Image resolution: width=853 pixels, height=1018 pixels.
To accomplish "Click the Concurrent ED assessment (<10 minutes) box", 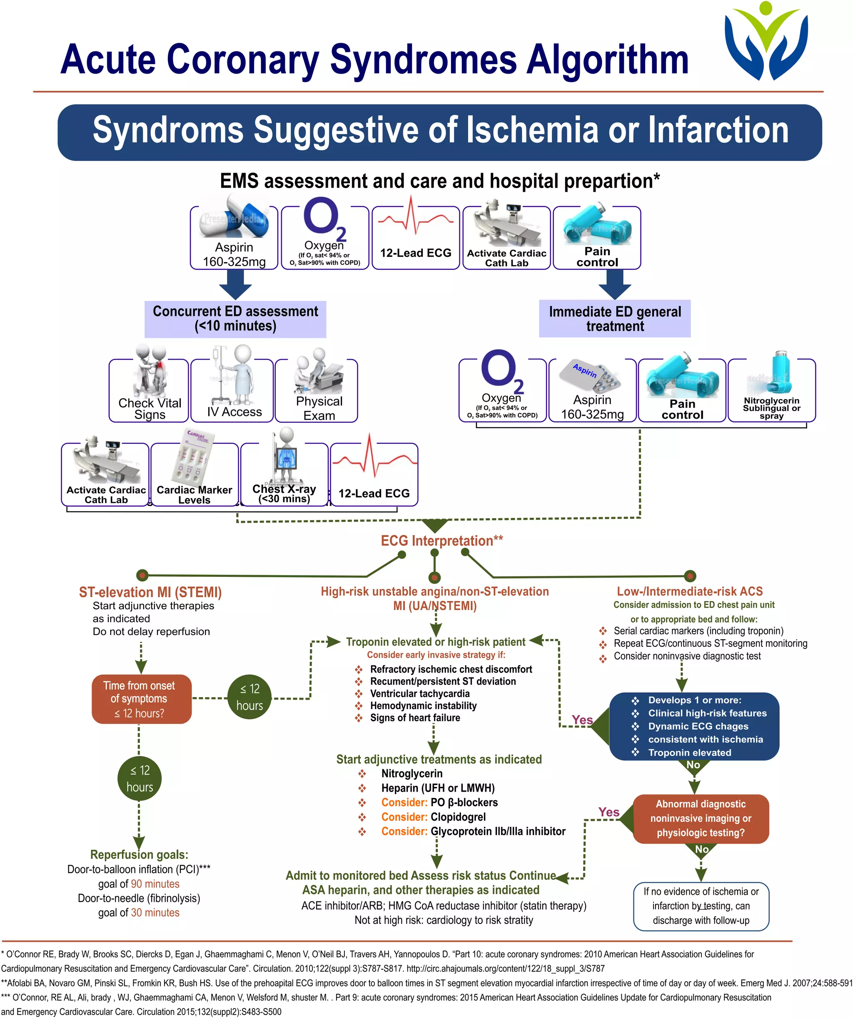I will pyautogui.click(x=235, y=318).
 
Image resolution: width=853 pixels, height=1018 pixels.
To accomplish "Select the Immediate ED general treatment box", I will pyautogui.click(x=614, y=318).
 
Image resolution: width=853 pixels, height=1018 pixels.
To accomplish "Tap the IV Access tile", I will pyautogui.click(x=232, y=390).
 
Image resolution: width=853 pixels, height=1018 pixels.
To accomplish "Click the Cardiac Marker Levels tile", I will pyautogui.click(x=195, y=474).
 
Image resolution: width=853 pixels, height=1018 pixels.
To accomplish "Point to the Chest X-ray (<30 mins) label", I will pyautogui.click(x=284, y=494).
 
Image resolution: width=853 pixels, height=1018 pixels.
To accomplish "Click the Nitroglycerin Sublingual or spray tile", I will pyautogui.click(x=771, y=390).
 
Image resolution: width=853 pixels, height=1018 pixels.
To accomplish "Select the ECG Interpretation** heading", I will pyautogui.click(x=441, y=541).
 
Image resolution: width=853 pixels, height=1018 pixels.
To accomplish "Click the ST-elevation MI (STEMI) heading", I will pyautogui.click(x=150, y=592).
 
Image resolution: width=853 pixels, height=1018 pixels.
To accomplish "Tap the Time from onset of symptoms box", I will pyautogui.click(x=141, y=698).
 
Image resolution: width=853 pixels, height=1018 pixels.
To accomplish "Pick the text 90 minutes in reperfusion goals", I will pyautogui.click(x=155, y=884).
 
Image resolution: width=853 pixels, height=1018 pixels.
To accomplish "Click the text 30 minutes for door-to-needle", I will pyautogui.click(x=155, y=912).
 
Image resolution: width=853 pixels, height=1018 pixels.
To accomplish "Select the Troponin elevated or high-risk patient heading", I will pyautogui.click(x=435, y=642).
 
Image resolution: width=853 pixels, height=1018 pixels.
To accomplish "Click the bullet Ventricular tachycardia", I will pyautogui.click(x=420, y=693).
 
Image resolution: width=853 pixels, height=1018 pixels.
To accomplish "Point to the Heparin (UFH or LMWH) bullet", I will pyautogui.click(x=438, y=788).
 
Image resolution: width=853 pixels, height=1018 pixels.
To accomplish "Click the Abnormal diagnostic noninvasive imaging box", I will pyautogui.click(x=700, y=818).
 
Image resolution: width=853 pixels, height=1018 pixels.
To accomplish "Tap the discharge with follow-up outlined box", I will pyautogui.click(x=701, y=906).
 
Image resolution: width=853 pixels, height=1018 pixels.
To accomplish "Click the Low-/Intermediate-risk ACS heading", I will pyautogui.click(x=689, y=591).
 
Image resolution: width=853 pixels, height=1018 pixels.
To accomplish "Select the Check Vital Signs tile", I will pyautogui.click(x=149, y=390).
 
